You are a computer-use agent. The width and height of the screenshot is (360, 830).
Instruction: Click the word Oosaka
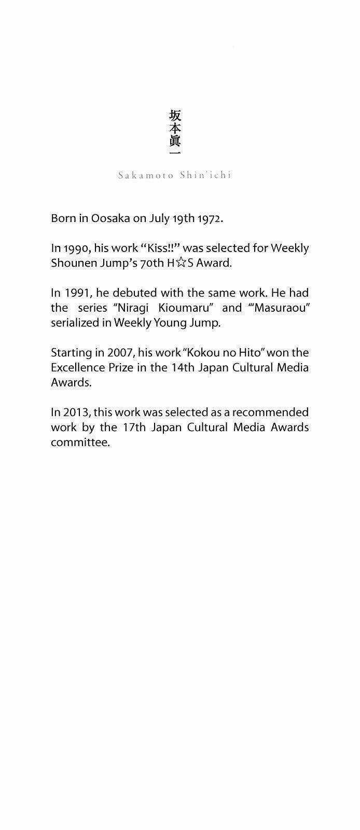110,218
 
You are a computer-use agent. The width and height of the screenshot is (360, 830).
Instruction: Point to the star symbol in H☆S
181,263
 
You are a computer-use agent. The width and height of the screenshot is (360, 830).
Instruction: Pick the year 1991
76,293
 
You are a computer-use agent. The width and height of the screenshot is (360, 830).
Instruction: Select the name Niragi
132,308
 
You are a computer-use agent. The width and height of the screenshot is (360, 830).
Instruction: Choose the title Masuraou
280,308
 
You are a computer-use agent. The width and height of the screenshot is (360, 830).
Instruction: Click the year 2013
77,412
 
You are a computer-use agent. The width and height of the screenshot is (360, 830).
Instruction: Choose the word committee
80,442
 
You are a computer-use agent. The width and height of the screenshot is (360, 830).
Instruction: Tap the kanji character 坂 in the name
175,115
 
